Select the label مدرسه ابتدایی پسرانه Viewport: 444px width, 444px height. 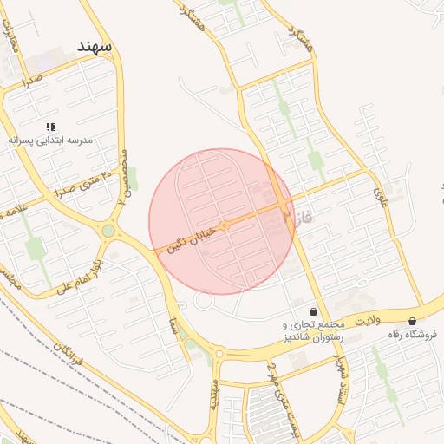click(x=50, y=140)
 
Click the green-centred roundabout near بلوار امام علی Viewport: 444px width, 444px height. click(x=108, y=231)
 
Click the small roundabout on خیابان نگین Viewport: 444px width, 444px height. click(x=224, y=225)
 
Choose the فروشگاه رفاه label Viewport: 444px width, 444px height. click(x=411, y=334)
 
